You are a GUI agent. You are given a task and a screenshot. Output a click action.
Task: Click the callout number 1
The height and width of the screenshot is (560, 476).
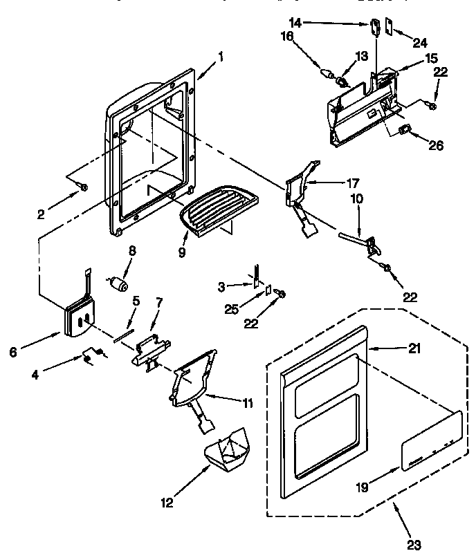coord(221,58)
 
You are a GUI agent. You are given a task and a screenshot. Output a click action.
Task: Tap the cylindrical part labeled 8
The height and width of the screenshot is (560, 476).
coord(120,283)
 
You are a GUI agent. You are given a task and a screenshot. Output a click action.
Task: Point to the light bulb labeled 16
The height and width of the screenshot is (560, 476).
coord(327,71)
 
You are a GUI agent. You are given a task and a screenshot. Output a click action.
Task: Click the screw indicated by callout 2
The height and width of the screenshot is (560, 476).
coord(83,187)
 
